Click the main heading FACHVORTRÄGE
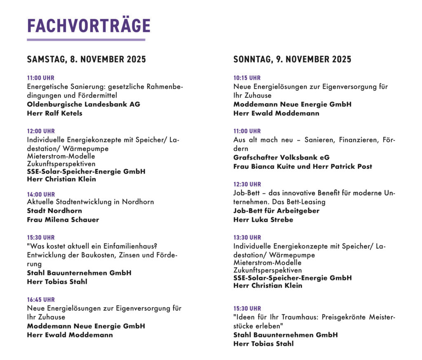tap(89, 26)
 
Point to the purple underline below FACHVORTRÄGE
tap(86, 40)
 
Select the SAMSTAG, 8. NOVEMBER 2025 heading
tap(87, 59)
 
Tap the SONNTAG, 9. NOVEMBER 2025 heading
tap(292, 59)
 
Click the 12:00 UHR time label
tap(41, 131)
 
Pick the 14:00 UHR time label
tap(41, 194)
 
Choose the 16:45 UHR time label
tap(41, 300)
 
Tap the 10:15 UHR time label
tap(247, 78)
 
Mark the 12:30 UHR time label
tap(247, 184)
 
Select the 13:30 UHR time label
tap(247, 238)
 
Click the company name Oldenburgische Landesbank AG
tap(84, 104)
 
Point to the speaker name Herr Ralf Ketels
tap(54, 113)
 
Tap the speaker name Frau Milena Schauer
tap(63, 220)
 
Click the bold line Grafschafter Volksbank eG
tap(281, 158)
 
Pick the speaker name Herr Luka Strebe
tap(263, 220)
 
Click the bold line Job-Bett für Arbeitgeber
tap(276, 211)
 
